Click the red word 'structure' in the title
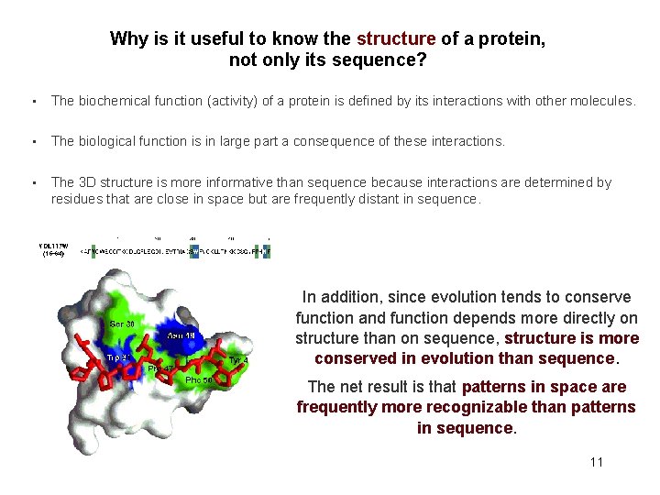tap(395, 39)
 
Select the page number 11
tap(597, 462)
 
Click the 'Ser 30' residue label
tap(123, 324)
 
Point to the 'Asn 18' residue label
tap(181, 335)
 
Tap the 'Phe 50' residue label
tap(200, 379)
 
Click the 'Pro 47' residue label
tap(161, 368)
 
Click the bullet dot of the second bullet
tap(33, 141)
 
